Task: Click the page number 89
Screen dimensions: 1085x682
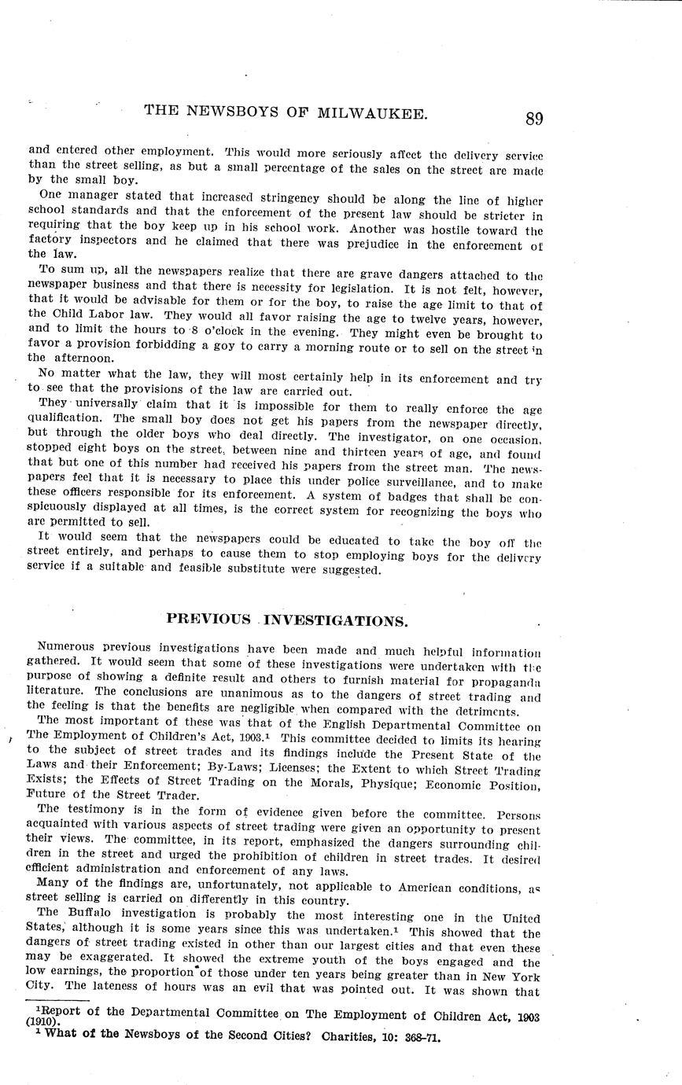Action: pos(534,119)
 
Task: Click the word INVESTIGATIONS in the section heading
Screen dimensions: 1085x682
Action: pos(336,620)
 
